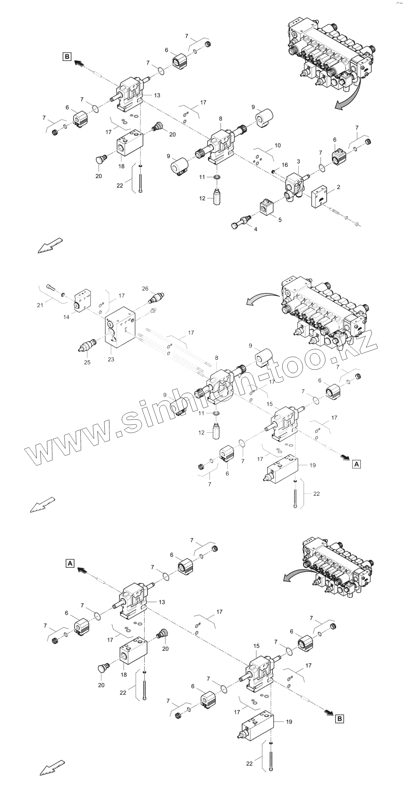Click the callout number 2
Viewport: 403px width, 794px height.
[x=338, y=187]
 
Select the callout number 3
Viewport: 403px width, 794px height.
[x=298, y=162]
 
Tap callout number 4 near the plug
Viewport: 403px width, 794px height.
[x=256, y=229]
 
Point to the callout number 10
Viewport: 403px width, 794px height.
[x=278, y=145]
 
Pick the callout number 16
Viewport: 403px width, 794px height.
[x=285, y=165]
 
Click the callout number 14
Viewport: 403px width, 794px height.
[x=66, y=317]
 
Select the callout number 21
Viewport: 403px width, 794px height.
[x=40, y=305]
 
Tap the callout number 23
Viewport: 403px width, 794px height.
[x=111, y=359]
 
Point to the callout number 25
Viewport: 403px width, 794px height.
[x=87, y=362]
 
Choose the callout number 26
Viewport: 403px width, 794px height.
[x=145, y=289]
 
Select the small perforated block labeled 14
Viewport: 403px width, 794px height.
[x=83, y=302]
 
